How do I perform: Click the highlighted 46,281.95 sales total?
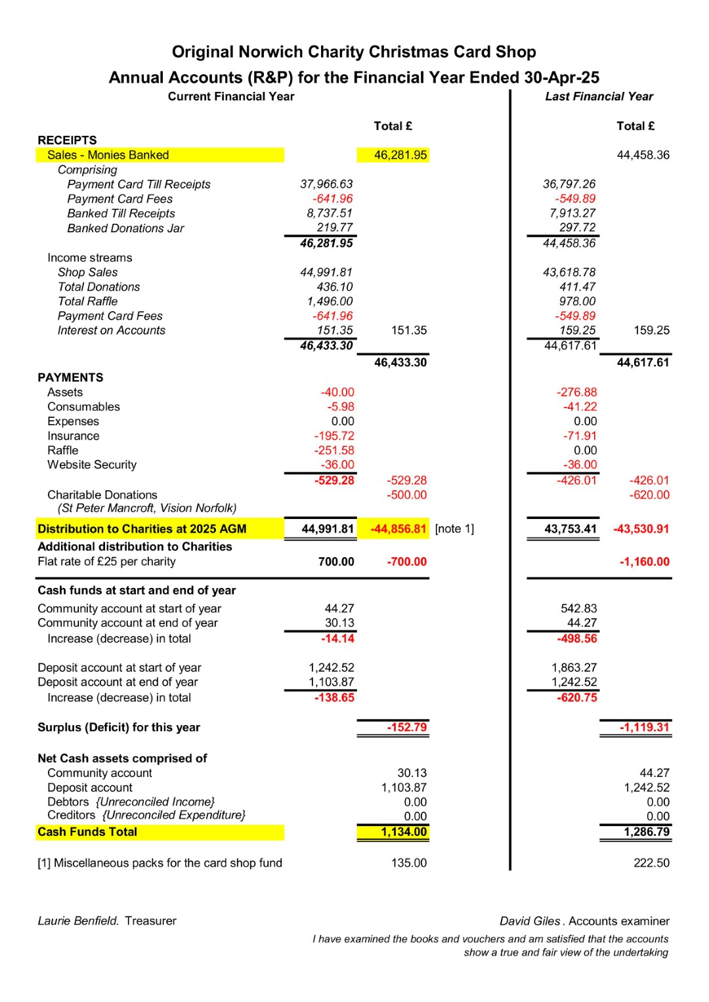point(400,155)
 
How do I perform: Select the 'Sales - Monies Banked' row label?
point(108,155)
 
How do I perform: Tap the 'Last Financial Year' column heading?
point(599,96)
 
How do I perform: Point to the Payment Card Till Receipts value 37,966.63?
point(326,184)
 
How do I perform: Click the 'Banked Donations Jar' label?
point(125,228)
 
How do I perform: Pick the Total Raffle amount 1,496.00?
point(330,301)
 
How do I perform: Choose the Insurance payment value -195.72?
point(334,436)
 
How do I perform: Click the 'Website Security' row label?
point(92,465)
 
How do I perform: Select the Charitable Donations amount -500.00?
point(406,495)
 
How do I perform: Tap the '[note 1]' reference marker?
point(454,529)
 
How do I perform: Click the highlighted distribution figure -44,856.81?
point(398,529)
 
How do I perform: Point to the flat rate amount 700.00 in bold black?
point(336,562)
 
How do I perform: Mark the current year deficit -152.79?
point(407,727)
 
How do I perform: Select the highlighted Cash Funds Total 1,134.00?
point(404,832)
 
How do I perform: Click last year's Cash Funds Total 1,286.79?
point(647,832)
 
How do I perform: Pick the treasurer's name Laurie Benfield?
point(78,921)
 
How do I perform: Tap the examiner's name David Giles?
point(530,921)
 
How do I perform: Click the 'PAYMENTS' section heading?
point(70,377)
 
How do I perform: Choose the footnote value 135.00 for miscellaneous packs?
point(409,863)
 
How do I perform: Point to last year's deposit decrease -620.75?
point(577,698)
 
